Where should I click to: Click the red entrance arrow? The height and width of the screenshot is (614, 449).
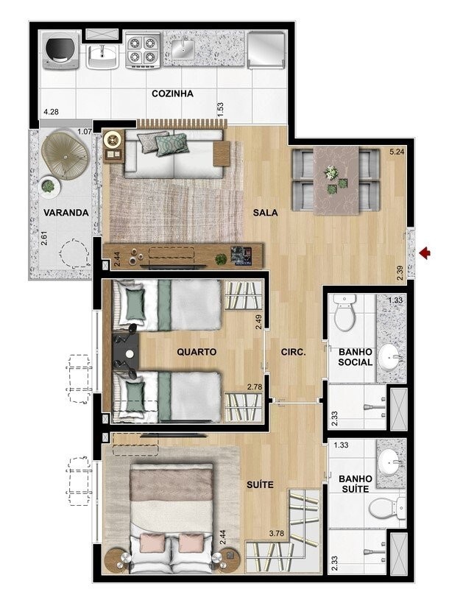tap(425, 254)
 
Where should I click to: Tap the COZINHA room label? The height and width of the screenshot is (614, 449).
tap(172, 93)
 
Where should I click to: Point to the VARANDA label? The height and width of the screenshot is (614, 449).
tap(66, 213)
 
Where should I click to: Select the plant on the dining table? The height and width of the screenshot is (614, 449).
tap(332, 173)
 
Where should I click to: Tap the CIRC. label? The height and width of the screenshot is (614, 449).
tap(292, 352)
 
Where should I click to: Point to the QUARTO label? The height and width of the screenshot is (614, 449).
tap(197, 352)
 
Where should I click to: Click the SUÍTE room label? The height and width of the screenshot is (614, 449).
tap(261, 484)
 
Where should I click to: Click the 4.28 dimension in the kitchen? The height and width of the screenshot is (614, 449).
tap(52, 112)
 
